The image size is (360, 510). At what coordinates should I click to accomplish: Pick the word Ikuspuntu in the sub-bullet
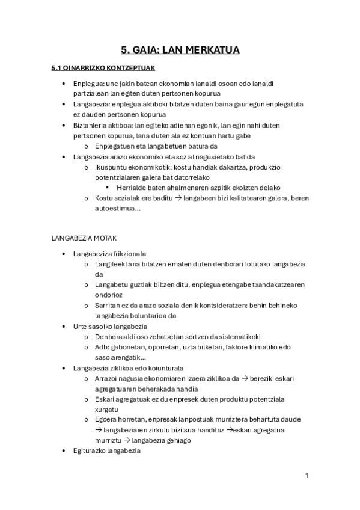click(111, 167)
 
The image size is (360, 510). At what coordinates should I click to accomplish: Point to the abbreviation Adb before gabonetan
click(101, 348)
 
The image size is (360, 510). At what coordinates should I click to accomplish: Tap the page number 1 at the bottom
click(307, 476)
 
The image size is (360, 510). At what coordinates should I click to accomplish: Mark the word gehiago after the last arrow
click(175, 441)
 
